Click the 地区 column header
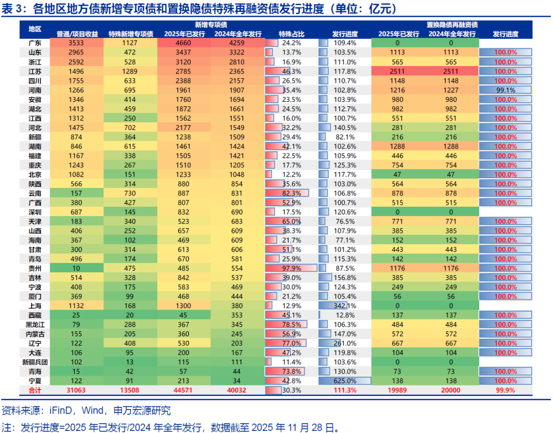pyautogui.click(x=35, y=29)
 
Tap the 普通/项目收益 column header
pyautogui.click(x=77, y=34)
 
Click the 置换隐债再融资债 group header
pyautogui.click(x=453, y=25)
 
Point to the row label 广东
pyautogui.click(x=35, y=43)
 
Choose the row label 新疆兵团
pyautogui.click(x=35, y=362)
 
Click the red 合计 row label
pyautogui.click(x=35, y=390)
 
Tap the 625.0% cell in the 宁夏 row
pyautogui.click(x=345, y=381)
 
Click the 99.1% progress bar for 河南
pyautogui.click(x=505, y=90)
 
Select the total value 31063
pyautogui.click(x=77, y=390)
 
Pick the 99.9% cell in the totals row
pyautogui.click(x=505, y=390)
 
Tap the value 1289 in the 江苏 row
pyautogui.click(x=131, y=71)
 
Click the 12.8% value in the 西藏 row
pyautogui.click(x=345, y=315)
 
